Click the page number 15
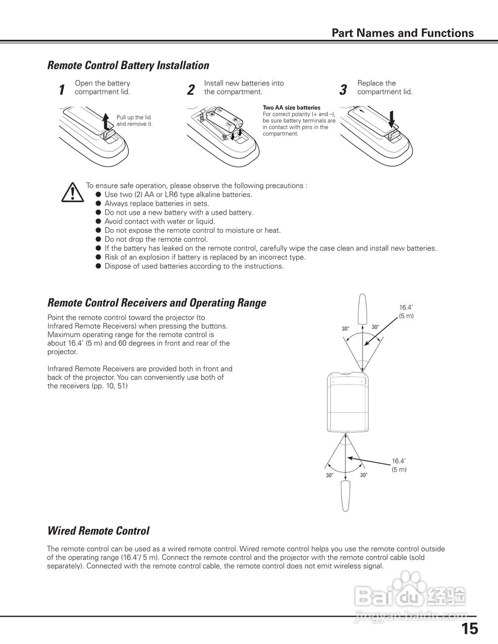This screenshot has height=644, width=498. [x=469, y=628]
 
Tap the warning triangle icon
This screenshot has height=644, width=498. [x=73, y=193]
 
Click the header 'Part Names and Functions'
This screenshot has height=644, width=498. [x=402, y=33]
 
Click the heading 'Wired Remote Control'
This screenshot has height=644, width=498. [x=98, y=531]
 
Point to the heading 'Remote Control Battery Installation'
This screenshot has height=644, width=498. [x=128, y=65]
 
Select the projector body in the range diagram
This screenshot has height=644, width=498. [x=347, y=403]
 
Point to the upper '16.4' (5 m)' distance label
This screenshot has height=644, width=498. [x=406, y=311]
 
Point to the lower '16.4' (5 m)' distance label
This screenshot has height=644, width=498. [x=399, y=465]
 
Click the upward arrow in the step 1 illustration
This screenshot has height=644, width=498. [x=105, y=121]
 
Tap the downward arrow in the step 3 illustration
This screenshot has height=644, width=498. [x=393, y=120]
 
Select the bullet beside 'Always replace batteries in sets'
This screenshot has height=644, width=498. [x=99, y=204]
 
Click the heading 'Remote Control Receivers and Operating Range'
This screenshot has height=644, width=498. [x=157, y=303]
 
